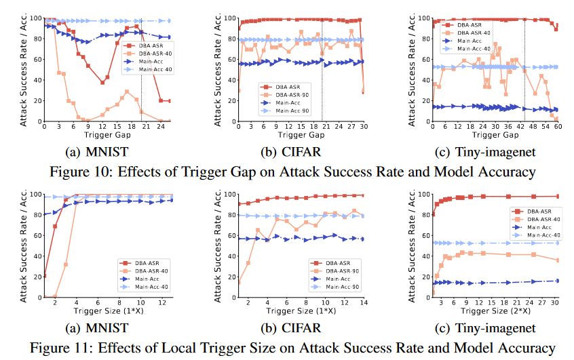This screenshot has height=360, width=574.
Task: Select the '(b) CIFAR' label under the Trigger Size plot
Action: [x=296, y=329]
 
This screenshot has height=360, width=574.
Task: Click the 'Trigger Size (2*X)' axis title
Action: [x=483, y=311]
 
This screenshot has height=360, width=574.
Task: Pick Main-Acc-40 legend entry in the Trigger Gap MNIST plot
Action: [x=156, y=69]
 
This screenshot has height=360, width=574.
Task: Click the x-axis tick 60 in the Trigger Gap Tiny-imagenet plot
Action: [x=557, y=127]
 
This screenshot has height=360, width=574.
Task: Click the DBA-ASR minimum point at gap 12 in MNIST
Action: [x=102, y=82]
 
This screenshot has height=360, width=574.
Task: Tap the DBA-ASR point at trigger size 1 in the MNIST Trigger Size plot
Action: [x=45, y=275]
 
